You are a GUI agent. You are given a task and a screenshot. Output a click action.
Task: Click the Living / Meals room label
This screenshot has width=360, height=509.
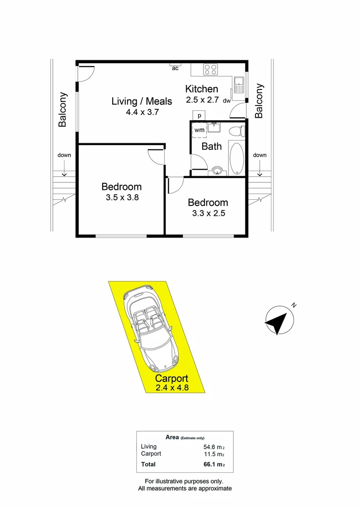(141, 101)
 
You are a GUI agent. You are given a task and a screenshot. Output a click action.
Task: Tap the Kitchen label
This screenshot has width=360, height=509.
(201, 89)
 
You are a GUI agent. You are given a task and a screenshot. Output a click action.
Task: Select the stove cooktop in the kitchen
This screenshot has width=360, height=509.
(211, 70)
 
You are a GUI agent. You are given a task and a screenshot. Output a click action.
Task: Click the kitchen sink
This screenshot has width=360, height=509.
(238, 85)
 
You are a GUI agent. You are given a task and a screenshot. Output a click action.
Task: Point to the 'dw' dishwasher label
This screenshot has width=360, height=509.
(227, 100)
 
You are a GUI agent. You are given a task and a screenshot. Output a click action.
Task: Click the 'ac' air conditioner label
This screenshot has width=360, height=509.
(175, 68)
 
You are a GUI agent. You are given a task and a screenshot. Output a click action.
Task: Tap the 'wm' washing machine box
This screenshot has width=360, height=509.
(199, 130)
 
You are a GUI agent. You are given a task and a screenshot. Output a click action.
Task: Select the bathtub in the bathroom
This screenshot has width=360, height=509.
(236, 158)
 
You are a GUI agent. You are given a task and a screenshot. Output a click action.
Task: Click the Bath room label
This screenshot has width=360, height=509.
(212, 146)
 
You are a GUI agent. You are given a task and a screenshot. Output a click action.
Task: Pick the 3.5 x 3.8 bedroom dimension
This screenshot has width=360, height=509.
(122, 198)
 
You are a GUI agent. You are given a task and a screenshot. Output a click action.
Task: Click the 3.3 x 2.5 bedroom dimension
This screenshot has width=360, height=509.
(207, 213)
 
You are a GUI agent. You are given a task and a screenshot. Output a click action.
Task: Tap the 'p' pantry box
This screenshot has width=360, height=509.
(199, 115)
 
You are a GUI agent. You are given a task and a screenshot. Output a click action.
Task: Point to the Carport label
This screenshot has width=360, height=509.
(172, 378)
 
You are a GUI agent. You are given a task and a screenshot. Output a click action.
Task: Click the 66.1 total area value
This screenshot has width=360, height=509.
(211, 465)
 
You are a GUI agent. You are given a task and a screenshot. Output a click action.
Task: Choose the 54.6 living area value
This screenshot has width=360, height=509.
(211, 447)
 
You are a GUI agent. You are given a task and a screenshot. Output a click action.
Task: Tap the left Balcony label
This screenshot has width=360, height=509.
(62, 109)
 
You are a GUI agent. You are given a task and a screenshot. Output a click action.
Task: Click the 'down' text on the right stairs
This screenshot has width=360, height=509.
(260, 155)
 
